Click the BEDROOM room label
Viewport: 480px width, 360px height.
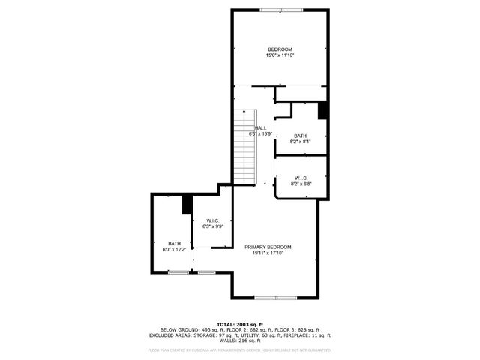(279, 49)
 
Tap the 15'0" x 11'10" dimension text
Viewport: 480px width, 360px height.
(279, 55)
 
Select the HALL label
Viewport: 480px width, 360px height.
(261, 128)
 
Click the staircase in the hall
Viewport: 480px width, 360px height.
(245, 146)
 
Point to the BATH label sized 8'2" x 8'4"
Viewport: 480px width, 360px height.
(300, 136)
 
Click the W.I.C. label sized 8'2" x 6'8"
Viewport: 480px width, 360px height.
(301, 178)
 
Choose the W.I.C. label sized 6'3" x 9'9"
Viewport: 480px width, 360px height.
(212, 220)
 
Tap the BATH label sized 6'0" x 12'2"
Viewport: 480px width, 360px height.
(174, 243)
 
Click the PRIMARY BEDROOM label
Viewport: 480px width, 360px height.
(268, 247)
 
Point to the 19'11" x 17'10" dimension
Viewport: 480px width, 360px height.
(268, 253)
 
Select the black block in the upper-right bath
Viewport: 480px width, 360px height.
(323, 109)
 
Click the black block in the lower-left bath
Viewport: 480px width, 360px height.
(187, 205)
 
